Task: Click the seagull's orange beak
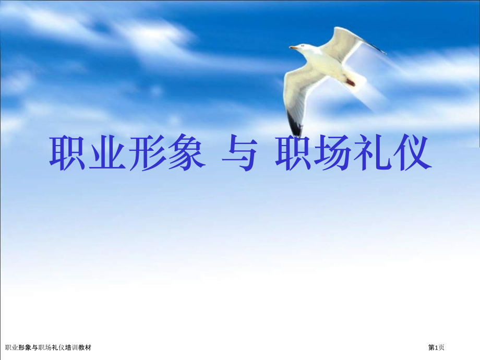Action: [293, 48]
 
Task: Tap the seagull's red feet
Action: [350, 82]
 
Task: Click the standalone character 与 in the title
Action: [238, 153]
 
